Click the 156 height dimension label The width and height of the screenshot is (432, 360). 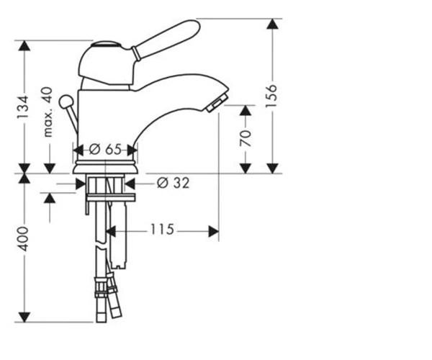(271, 96)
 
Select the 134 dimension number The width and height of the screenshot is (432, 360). (22, 107)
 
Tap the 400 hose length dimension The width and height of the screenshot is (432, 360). (22, 239)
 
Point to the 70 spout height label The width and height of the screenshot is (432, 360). (246, 138)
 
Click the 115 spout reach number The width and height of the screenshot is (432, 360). (162, 229)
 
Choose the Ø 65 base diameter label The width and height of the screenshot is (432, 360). (105, 150)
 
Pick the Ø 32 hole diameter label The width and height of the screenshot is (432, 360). (174, 183)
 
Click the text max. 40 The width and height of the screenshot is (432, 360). (48, 112)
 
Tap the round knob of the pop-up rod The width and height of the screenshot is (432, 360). (66, 101)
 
